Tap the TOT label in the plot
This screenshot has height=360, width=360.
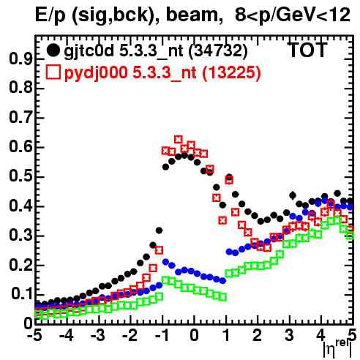[x=307, y=50]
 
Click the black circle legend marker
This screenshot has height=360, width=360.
[x=53, y=50]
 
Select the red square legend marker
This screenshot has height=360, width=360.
[x=53, y=72]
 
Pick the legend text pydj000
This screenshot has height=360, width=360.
[x=96, y=72]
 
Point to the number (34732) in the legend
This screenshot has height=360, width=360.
[x=218, y=51]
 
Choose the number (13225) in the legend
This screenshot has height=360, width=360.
[x=231, y=72]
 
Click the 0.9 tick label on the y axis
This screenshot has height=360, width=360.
[x=20, y=59]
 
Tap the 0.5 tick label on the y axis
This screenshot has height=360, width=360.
[x=20, y=177]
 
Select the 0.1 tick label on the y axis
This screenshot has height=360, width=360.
[x=22, y=295]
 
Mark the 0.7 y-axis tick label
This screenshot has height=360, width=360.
[x=20, y=118]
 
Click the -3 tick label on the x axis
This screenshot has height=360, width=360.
[x=98, y=335]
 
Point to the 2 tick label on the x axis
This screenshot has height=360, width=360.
[x=258, y=335]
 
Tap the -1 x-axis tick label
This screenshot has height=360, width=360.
[x=161, y=335]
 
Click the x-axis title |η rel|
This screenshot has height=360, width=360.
[x=338, y=348]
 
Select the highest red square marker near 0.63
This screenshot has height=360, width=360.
[x=179, y=140]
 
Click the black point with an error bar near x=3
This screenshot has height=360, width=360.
[x=293, y=195]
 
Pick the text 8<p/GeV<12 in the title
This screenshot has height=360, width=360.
[x=293, y=15]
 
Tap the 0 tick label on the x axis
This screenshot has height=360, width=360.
[x=194, y=335]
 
